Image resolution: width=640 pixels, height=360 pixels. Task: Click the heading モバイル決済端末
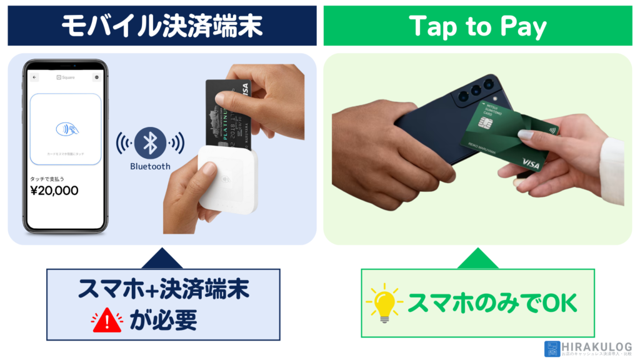[x=162, y=26]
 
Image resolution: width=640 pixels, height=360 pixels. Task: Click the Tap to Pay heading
[x=477, y=26]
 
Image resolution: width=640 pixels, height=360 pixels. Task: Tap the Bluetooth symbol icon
[x=150, y=143]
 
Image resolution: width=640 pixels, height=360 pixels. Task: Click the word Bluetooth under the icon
[x=150, y=166]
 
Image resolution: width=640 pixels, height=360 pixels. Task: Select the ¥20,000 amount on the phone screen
[x=54, y=191]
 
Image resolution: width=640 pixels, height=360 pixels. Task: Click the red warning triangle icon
[x=107, y=320]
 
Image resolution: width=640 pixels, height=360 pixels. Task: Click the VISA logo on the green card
[x=531, y=163]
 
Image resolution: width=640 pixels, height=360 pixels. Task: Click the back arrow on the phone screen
[x=34, y=77]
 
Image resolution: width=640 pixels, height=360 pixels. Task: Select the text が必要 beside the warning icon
[x=163, y=320]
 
